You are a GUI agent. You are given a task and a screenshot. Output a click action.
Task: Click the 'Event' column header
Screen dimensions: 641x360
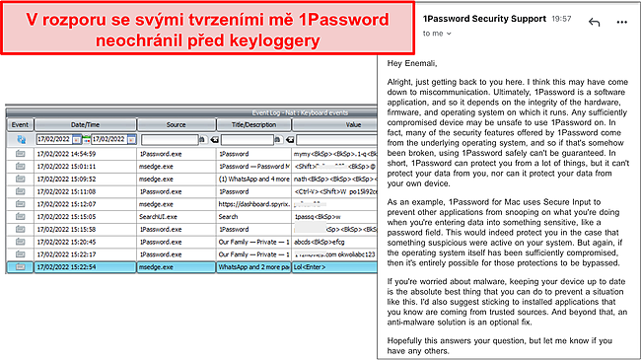tap(19, 125)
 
